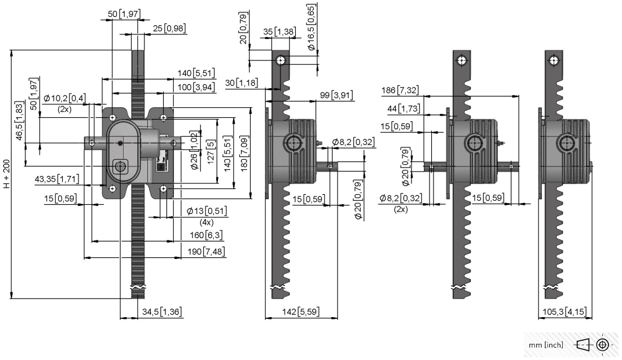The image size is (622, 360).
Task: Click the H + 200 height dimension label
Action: point(7,174)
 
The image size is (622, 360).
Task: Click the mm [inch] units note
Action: point(546,345)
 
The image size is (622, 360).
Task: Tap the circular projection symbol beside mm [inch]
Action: point(603,345)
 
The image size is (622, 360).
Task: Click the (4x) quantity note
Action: point(206,222)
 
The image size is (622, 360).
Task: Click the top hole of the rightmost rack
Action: point(554,61)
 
